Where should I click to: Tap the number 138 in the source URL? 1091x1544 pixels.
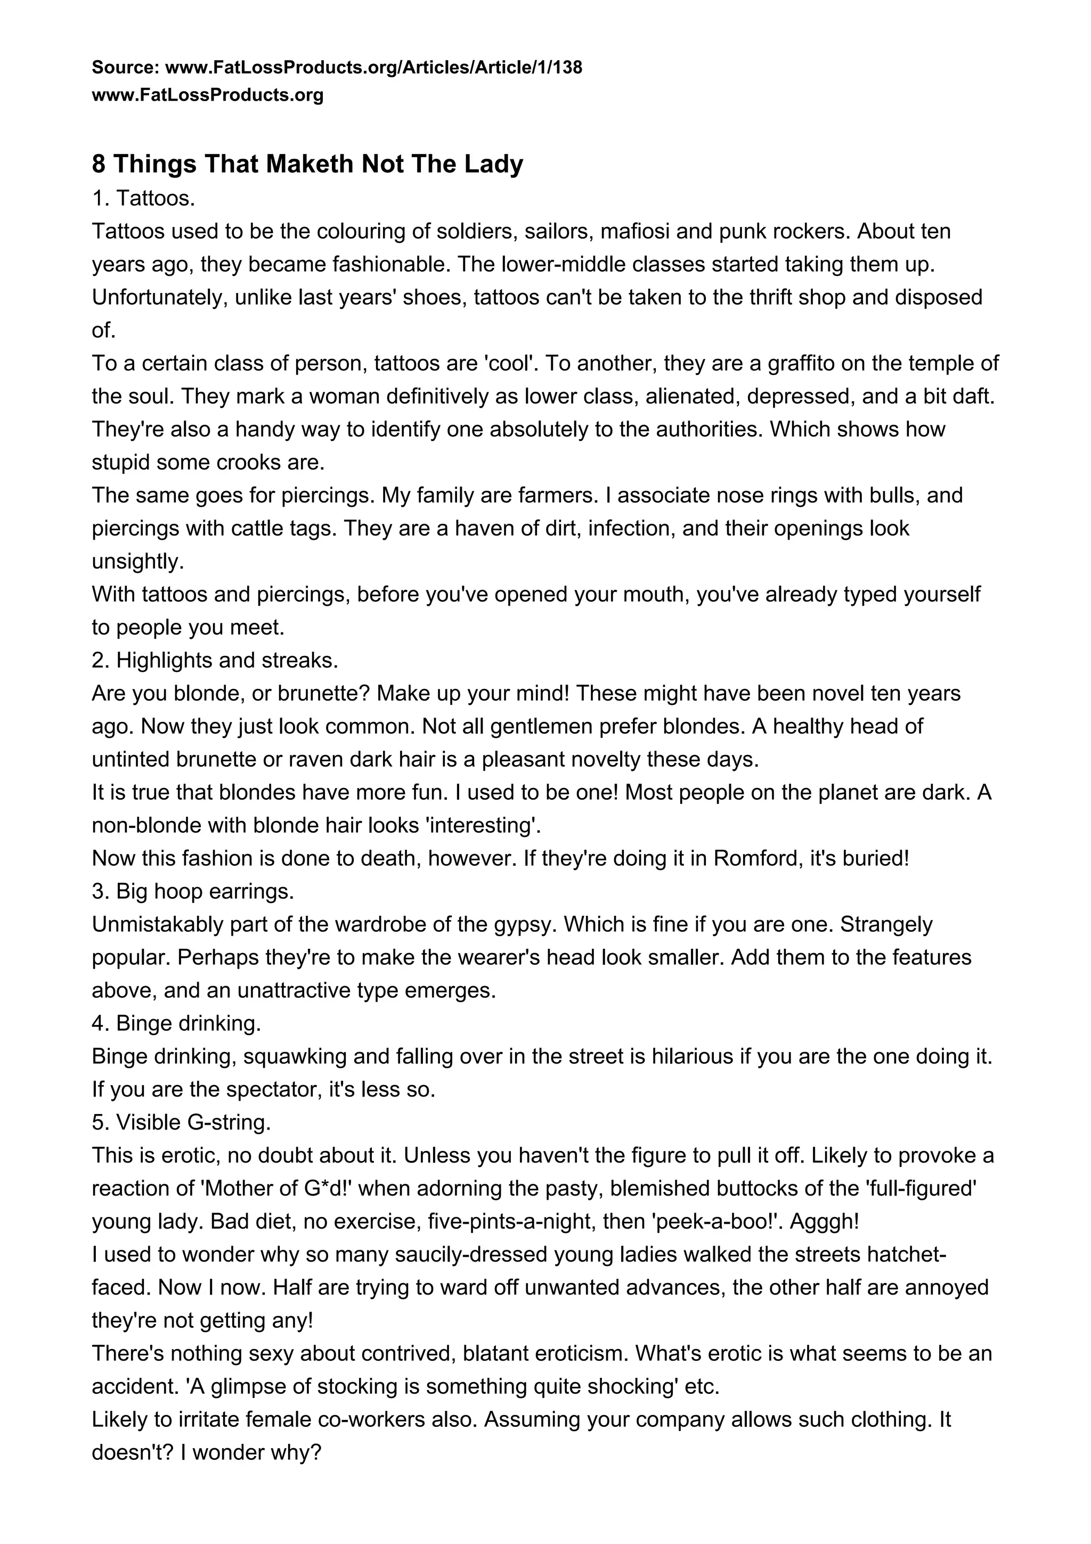[x=565, y=67]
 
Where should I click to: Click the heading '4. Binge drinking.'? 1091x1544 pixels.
[x=176, y=1023]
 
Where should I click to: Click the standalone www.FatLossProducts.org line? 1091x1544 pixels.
[x=207, y=95]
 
